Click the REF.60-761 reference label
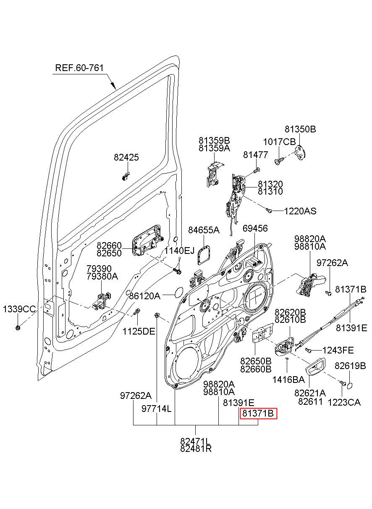click(79, 68)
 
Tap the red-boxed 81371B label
click(258, 413)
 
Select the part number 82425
click(126, 157)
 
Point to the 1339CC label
click(19, 309)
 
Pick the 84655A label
click(204, 230)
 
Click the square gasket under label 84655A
click(204, 256)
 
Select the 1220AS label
click(300, 211)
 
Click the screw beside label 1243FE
click(308, 351)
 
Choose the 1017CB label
click(279, 142)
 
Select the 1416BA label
click(288, 380)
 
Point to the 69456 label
click(255, 228)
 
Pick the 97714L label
click(157, 409)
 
